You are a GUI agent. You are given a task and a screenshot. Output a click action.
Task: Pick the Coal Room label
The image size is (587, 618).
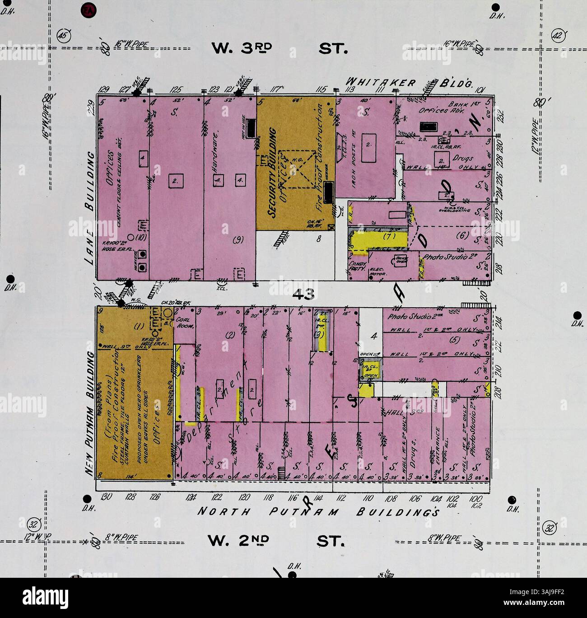(184, 321)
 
